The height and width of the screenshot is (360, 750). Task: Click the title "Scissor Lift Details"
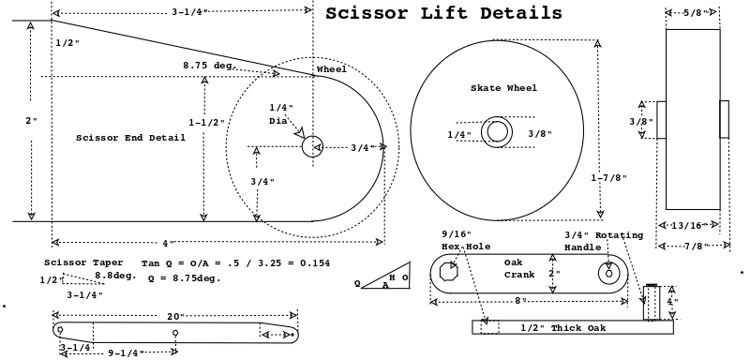(x=443, y=13)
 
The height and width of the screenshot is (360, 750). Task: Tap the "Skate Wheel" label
(x=503, y=88)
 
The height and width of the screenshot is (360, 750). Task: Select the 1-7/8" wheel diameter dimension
(x=608, y=178)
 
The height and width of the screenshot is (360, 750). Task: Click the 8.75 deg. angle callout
(x=209, y=65)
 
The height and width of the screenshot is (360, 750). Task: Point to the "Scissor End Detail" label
(x=130, y=138)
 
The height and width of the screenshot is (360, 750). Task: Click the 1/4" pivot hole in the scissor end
(x=312, y=146)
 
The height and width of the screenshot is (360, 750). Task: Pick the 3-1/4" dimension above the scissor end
(x=190, y=12)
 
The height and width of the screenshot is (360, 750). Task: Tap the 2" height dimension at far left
(x=31, y=121)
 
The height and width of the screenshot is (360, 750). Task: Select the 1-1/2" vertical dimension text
(x=206, y=123)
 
